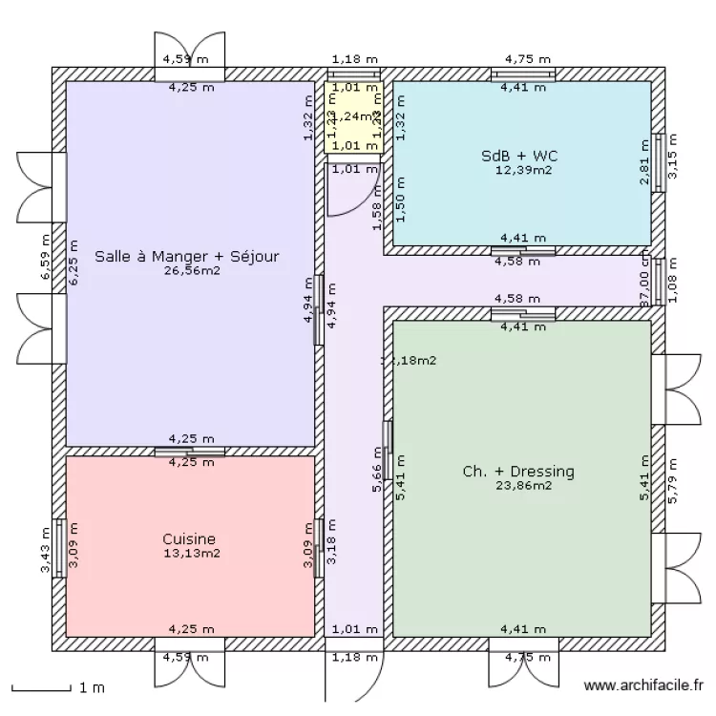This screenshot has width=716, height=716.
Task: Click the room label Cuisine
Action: coord(189,539)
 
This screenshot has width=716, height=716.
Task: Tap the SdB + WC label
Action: coord(518,156)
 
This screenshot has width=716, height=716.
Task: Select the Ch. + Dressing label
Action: coord(518,471)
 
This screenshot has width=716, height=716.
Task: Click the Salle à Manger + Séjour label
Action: coord(188,256)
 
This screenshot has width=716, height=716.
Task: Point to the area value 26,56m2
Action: coord(192,270)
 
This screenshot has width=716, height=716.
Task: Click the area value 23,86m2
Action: coord(522,485)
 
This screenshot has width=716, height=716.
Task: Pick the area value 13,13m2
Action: coord(192,553)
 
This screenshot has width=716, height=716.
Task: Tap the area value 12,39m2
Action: coord(522,170)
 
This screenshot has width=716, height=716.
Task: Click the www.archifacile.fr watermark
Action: coord(644,685)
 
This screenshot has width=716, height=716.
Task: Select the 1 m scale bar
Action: coord(43,686)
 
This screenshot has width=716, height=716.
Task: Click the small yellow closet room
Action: coord(353,117)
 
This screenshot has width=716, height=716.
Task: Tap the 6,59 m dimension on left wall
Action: coord(44,258)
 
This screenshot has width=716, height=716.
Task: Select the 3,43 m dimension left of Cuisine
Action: coord(44,551)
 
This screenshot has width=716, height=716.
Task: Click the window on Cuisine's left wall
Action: coord(59,548)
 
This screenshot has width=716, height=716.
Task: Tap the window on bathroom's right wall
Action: coord(658,162)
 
